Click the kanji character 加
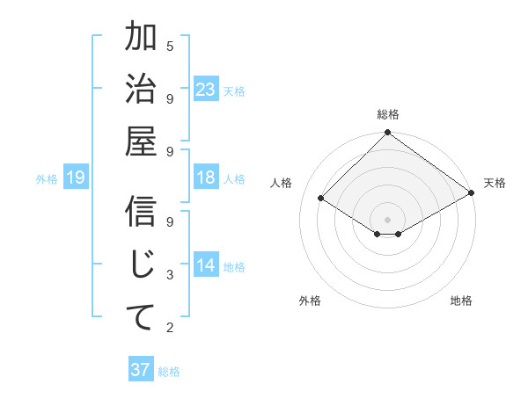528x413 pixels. coord(141,39)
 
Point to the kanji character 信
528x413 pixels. coord(141,214)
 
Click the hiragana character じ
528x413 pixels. coord(141,264)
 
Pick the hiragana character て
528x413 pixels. coord(141,315)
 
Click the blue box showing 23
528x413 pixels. coord(206,90)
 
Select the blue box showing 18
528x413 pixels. coord(206,178)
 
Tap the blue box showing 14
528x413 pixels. coord(206,266)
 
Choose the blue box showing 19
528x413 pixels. coord(76,178)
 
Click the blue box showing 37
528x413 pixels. coord(141,370)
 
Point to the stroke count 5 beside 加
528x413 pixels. coord(170,46)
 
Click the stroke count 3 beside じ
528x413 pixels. coord(170,276)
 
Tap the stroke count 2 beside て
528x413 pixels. coord(170,329)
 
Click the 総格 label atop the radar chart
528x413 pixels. coord(388,114)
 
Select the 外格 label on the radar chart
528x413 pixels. coord(310,301)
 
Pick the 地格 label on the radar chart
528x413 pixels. coord(461,301)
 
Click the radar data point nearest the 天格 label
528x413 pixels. coord(472,193)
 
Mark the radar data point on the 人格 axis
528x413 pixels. coord(321,199)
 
